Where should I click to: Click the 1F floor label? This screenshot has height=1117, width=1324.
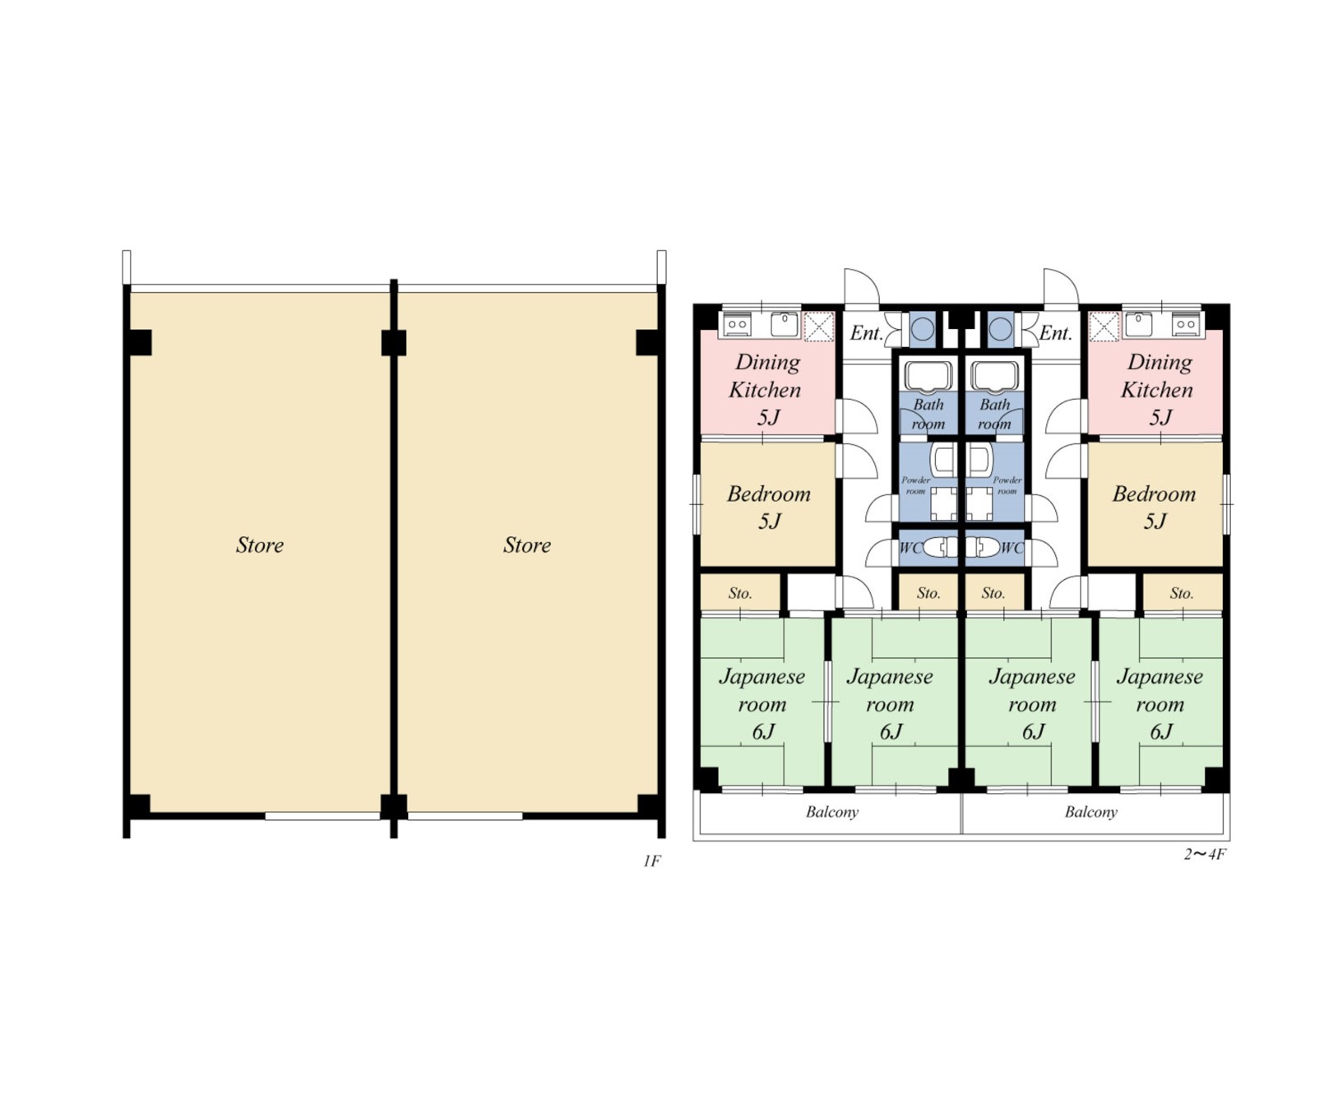coord(651,861)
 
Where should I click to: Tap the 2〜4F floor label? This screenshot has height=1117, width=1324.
coord(1205,854)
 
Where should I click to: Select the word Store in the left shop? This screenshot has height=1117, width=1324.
coord(260,545)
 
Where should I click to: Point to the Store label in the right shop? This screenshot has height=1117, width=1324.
coord(527,545)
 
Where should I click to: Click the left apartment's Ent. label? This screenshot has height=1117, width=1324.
coord(867,333)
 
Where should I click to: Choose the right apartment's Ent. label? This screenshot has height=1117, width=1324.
coord(1056,333)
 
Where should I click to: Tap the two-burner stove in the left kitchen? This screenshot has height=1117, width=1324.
coord(737,325)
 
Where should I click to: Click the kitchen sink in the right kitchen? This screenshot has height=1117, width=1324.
coord(1138,324)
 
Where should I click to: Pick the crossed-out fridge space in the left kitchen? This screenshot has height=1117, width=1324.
coord(818,327)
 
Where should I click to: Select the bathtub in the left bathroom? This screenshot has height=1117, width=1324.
coord(928,376)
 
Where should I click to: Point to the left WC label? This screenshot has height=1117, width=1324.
coord(910,548)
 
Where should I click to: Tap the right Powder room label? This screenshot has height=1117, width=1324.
coord(1007,485)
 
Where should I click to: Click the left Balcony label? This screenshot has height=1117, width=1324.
coord(832,812)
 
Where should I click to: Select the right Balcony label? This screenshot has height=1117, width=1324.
coord(1091,812)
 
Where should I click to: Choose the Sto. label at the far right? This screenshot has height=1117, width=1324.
coord(1182,593)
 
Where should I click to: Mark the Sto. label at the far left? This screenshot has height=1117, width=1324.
coord(740,593)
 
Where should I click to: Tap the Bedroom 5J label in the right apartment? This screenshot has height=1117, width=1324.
coord(1155,507)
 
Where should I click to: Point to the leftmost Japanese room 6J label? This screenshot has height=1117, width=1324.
coord(762,703)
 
